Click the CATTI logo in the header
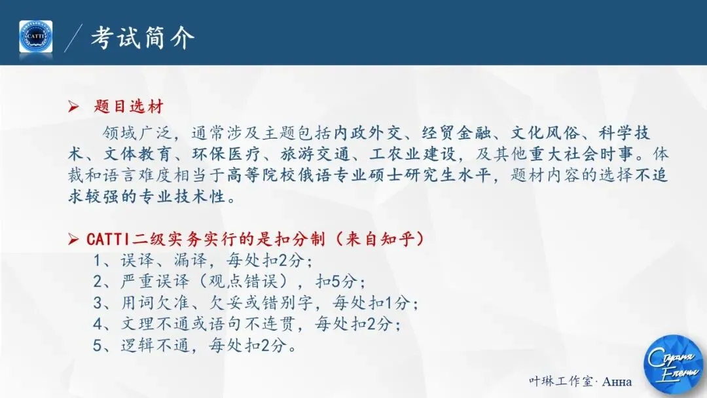click(35, 37)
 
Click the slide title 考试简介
click(142, 37)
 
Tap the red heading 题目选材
click(128, 107)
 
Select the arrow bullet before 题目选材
click(73, 107)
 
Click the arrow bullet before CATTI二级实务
click(74, 240)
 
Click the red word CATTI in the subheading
click(107, 240)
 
